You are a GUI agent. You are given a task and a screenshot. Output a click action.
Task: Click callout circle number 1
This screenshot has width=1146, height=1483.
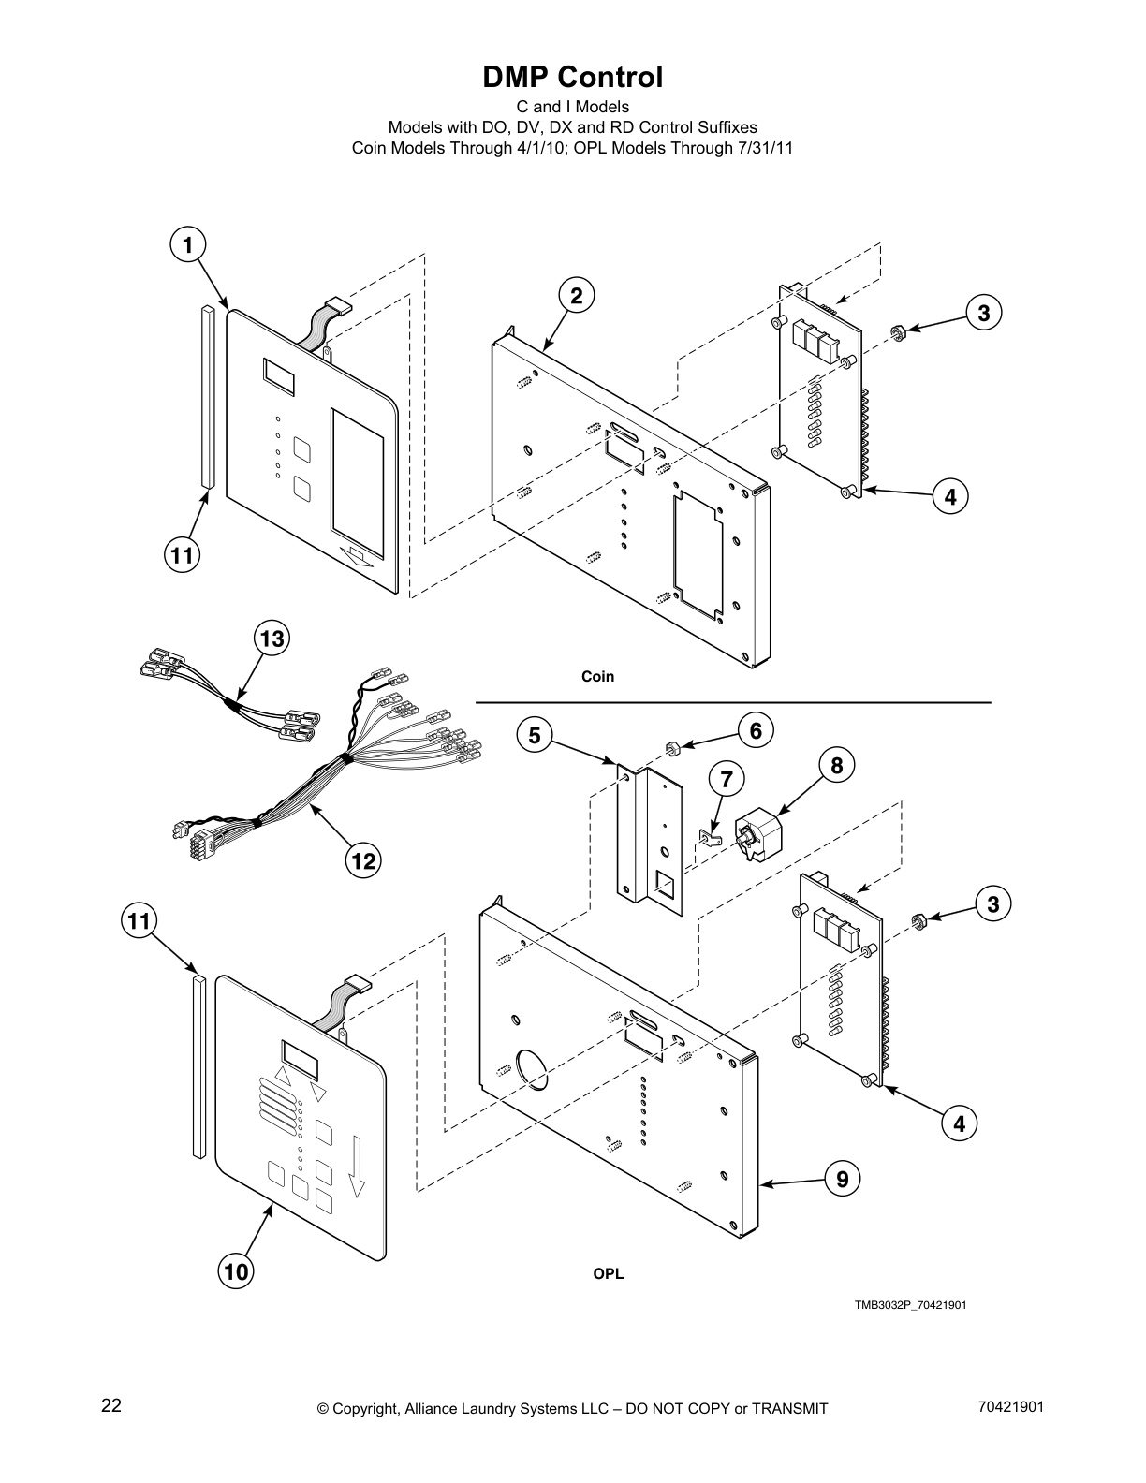187,245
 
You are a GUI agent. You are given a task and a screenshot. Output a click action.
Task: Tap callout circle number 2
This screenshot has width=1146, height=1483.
577,296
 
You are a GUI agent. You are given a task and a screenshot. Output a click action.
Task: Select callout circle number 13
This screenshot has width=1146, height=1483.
272,639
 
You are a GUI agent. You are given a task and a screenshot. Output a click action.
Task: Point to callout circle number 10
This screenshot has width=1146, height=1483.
237,1270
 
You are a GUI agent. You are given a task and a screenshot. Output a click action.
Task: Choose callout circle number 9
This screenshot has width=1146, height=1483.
843,1179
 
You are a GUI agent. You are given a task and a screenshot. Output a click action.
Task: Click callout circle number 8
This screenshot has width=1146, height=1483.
836,766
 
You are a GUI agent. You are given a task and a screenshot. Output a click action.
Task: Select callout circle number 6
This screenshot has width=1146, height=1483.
756,730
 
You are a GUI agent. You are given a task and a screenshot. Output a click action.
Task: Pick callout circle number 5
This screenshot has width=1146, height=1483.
534,736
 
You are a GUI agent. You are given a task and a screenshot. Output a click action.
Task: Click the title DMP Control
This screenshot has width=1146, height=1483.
572,77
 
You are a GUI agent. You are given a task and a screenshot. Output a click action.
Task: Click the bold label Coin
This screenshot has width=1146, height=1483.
597,676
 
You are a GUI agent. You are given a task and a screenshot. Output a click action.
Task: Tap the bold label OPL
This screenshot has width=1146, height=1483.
608,1273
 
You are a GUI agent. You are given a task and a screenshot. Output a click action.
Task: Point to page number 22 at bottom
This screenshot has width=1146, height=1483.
111,1405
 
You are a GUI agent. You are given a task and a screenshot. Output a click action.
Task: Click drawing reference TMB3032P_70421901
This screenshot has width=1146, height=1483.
909,1305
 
